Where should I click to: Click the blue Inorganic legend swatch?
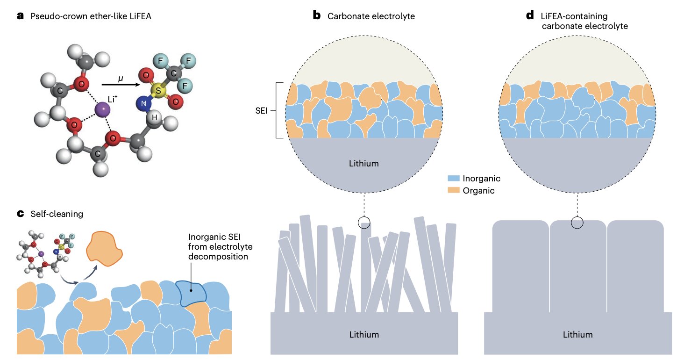point(454,179)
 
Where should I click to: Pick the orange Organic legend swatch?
point(454,190)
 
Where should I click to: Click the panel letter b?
point(317,16)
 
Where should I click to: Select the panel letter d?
point(530,16)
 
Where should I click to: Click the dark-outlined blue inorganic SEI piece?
point(192,293)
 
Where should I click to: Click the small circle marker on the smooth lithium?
point(577,223)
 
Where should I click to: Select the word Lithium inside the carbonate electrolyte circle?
point(364,164)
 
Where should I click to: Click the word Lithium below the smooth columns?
point(577,334)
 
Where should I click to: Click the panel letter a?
point(20,16)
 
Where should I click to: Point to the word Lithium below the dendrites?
point(364,334)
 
